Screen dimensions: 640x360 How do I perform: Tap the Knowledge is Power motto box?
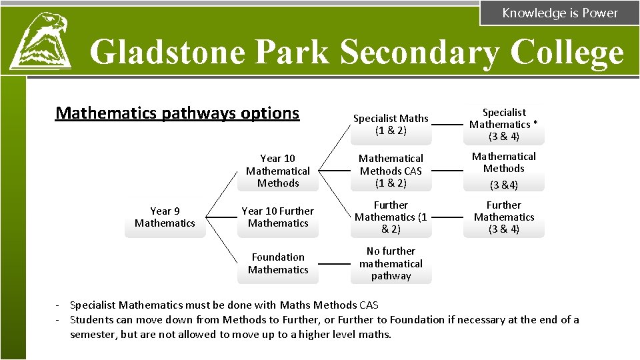(559, 13)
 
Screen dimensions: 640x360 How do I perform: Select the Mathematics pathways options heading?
(177, 113)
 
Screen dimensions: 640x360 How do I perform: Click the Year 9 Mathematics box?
(165, 217)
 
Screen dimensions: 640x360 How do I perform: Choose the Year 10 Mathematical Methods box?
(278, 171)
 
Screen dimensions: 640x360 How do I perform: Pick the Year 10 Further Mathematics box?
(278, 217)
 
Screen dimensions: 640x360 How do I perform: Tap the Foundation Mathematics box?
(278, 263)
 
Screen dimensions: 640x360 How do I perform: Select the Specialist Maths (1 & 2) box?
(391, 125)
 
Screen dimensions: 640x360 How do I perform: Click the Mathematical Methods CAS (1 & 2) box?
(391, 171)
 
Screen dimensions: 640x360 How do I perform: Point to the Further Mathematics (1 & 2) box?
(391, 217)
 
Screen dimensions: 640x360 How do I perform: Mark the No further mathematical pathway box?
(391, 263)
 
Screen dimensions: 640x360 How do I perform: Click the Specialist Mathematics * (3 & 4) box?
(504, 125)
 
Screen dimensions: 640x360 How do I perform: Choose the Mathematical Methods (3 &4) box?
(504, 171)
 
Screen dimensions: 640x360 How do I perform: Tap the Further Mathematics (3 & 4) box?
(504, 217)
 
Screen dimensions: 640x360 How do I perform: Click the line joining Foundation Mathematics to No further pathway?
(334, 264)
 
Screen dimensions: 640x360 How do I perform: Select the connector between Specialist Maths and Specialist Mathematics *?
(447, 125)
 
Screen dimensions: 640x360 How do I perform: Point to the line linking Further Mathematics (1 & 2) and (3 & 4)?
(447, 217)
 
